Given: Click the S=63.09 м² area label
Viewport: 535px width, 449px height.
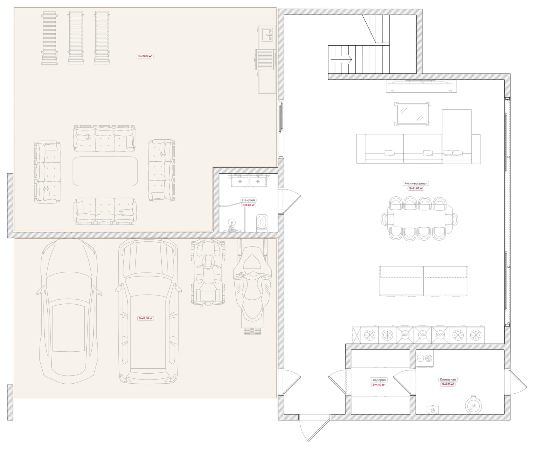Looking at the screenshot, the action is coord(145,56).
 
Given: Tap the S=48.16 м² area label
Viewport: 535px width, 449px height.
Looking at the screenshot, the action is coord(145,318).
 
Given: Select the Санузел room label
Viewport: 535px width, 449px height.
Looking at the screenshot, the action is coord(248,200).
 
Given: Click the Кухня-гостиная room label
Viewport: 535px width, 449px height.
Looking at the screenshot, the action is coord(415,183).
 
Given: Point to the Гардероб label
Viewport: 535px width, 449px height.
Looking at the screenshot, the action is coord(378,380).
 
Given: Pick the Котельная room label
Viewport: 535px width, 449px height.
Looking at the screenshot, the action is coord(448,379).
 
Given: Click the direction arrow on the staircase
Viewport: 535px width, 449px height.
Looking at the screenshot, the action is coord(341,59).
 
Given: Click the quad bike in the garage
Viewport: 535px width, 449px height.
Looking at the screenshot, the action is coord(208,273).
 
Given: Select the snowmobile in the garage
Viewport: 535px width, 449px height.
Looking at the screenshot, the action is coord(252,287).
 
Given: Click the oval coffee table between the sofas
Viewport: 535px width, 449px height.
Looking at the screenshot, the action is coord(105,171).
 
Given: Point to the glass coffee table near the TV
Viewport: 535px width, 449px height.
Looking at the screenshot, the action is coord(412,114).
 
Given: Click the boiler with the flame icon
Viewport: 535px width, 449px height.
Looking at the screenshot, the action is coord(433,410).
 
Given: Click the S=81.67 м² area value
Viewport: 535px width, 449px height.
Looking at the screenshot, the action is coord(416,188).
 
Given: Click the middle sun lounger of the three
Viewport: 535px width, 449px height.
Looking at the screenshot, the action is coord(76,38).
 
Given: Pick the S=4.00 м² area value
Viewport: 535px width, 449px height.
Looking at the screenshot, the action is coord(248,205).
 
